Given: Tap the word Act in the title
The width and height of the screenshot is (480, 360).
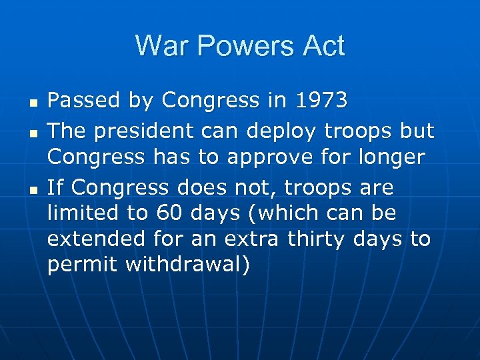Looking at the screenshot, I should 321,46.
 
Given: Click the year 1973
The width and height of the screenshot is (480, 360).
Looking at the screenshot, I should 322,101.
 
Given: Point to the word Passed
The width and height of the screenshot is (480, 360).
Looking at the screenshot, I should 79,101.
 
